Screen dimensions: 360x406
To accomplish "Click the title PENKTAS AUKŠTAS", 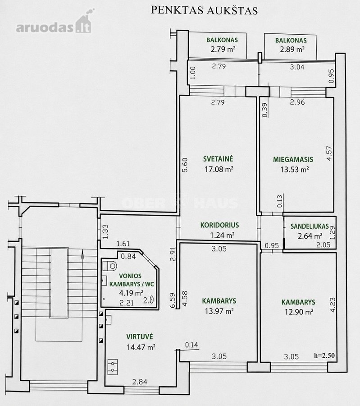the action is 204,11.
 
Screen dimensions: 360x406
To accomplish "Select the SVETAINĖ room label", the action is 218,159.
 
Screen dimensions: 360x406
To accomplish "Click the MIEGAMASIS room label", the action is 293,159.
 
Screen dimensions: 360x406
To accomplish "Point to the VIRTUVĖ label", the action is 140,337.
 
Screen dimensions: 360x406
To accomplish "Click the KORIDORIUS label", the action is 219,225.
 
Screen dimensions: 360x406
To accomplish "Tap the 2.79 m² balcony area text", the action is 223,49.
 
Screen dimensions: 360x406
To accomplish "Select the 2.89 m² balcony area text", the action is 292,49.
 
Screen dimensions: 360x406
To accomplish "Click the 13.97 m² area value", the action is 219,311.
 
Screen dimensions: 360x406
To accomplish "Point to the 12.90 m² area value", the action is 299,312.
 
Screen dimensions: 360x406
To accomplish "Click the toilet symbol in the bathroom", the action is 109,266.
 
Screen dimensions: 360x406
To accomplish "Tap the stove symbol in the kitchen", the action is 113,367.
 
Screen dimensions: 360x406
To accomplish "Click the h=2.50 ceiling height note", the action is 324,355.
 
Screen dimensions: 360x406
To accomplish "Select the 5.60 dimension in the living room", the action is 185,165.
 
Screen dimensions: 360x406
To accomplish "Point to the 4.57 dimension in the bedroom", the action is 329,153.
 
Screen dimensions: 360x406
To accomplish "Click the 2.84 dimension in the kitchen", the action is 140,382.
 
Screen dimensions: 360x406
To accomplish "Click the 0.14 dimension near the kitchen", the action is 191,345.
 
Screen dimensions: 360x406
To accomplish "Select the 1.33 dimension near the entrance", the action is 105,232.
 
